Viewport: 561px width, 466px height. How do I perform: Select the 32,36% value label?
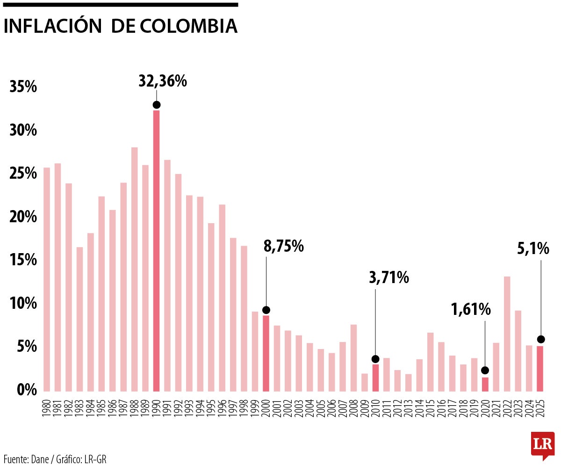[x=163, y=81]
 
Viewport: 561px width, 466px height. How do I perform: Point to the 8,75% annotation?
[x=284, y=246]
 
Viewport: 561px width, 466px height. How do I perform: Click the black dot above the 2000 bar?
[x=266, y=310]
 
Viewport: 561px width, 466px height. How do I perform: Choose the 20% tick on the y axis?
[x=23, y=217]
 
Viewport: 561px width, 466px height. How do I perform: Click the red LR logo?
[x=542, y=443]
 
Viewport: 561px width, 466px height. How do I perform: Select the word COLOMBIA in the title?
[x=188, y=26]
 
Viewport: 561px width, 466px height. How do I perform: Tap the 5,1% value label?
[x=533, y=249]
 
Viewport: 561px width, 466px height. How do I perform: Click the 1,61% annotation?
[x=471, y=309]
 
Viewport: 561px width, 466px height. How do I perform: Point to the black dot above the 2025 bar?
[x=540, y=339]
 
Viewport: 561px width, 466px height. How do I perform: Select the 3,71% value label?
[x=389, y=278]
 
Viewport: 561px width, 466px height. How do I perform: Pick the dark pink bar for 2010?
[x=375, y=378]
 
